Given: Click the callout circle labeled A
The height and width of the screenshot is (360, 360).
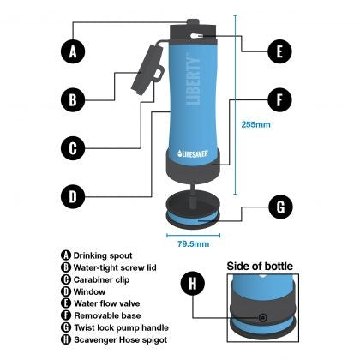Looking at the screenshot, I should tap(74, 51).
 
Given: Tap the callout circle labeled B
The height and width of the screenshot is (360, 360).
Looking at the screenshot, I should tap(74, 99).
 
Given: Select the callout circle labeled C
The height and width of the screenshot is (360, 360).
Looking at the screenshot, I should tap(74, 147).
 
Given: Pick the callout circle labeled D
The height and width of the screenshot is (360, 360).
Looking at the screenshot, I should tap(74, 196).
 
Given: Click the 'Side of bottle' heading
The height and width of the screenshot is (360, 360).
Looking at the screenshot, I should tap(266, 267).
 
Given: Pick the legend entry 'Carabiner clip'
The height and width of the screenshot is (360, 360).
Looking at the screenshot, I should tap(94, 279).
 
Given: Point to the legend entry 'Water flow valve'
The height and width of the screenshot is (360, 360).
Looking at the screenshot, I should tap(99, 303).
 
